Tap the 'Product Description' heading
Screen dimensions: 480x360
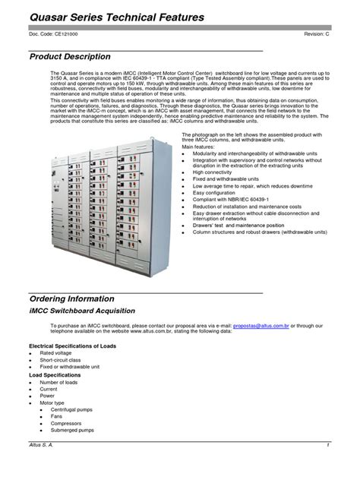point(70,57)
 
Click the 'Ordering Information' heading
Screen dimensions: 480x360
point(71,298)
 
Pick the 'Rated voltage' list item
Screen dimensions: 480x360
point(57,353)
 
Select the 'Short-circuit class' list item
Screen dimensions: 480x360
point(62,360)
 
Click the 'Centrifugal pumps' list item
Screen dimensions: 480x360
point(75,409)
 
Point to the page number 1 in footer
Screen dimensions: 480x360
point(327,444)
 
